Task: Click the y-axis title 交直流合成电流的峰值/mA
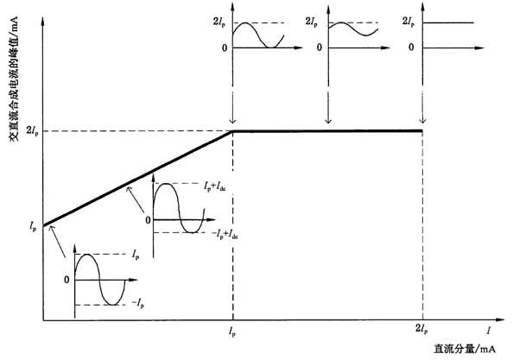pyautogui.click(x=14, y=79)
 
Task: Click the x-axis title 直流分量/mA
pyautogui.click(x=465, y=349)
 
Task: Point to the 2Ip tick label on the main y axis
pyautogui.click(x=32, y=130)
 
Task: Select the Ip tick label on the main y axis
pyautogui.click(x=33, y=226)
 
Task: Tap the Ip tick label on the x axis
pyautogui.click(x=232, y=332)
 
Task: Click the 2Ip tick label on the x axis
pyautogui.click(x=421, y=329)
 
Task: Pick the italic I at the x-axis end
pyautogui.click(x=488, y=331)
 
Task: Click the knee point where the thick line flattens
pyautogui.click(x=232, y=130)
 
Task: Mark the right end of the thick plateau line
pyautogui.click(x=422, y=130)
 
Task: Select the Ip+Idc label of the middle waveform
pyautogui.click(x=215, y=187)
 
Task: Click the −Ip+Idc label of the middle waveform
pyautogui.click(x=225, y=234)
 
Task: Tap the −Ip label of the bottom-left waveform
pyautogui.click(x=138, y=303)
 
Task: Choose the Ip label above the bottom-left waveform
pyautogui.click(x=136, y=255)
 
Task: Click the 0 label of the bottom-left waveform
pyautogui.click(x=66, y=281)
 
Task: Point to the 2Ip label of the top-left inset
pyautogui.click(x=219, y=22)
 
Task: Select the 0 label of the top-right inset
pyautogui.click(x=411, y=47)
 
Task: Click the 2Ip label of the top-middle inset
pyautogui.click(x=311, y=22)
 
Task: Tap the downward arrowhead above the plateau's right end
pyautogui.click(x=422, y=120)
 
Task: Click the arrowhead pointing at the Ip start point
pyautogui.click(x=50, y=229)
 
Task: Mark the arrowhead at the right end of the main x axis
pyautogui.click(x=500, y=319)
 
